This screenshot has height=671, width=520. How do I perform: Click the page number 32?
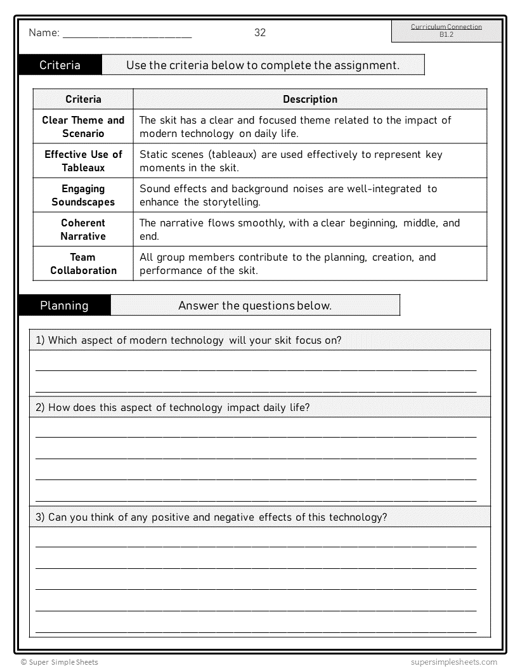click(x=260, y=33)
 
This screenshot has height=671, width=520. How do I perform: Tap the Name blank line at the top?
click(x=127, y=37)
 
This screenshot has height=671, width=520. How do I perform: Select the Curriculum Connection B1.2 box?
click(x=446, y=31)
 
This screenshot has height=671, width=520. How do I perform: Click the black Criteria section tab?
click(x=60, y=65)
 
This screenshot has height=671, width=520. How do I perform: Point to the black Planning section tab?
click(x=64, y=306)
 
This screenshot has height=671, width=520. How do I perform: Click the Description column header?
click(x=310, y=100)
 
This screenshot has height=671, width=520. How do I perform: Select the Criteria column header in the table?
click(x=83, y=100)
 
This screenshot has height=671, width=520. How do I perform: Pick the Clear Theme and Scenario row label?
click(x=83, y=127)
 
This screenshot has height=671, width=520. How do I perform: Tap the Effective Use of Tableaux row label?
click(x=83, y=161)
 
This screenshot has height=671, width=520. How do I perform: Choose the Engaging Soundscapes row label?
click(x=83, y=195)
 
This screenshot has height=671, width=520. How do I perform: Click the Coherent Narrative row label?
click(x=83, y=230)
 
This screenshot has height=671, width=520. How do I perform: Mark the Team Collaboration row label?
click(x=83, y=264)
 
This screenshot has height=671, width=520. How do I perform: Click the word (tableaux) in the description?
click(x=232, y=155)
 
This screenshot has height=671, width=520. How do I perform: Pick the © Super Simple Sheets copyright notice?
click(x=59, y=662)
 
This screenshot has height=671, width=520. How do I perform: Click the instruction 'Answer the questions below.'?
click(x=255, y=306)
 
